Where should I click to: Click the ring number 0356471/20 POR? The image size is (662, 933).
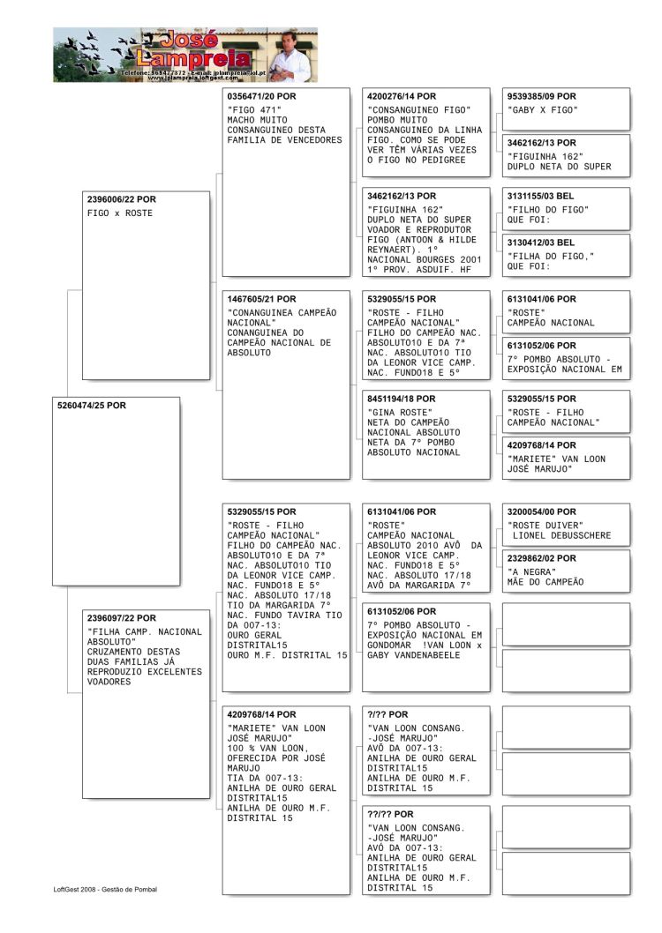[x=261, y=95]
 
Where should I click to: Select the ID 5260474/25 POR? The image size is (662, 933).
[x=91, y=406]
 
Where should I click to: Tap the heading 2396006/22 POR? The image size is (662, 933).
[x=119, y=199]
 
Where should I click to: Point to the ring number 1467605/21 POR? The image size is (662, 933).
[x=261, y=299]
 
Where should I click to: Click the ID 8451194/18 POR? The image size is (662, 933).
[x=401, y=399]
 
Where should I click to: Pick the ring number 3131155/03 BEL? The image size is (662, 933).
[x=540, y=196]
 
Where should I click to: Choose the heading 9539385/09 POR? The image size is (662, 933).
[x=541, y=96]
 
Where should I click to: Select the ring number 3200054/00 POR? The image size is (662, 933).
[x=541, y=511]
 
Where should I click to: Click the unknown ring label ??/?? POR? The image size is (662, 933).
[x=394, y=814]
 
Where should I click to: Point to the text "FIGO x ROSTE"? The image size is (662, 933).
[x=120, y=213]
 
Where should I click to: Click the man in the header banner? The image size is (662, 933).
[x=289, y=55]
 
